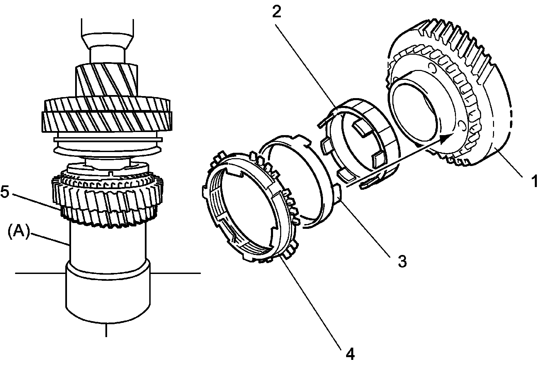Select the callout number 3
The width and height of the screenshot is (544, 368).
coord(402,261)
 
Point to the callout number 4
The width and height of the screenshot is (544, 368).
coord(350,354)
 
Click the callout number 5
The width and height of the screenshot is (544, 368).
coord(5,192)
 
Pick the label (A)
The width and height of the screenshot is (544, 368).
coord(17,234)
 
